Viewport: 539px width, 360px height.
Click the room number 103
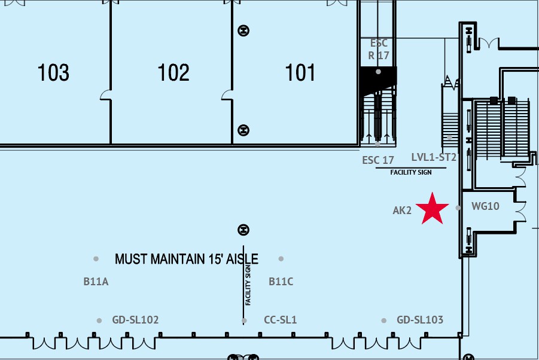[53, 72]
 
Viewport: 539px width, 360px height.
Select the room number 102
[173, 72]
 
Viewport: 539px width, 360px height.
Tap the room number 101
[300, 72]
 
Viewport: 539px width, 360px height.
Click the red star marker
[432, 209]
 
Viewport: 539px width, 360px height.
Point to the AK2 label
[402, 210]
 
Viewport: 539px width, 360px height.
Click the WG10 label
[485, 206]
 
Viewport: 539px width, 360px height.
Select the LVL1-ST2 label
[434, 157]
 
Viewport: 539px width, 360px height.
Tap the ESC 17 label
[378, 160]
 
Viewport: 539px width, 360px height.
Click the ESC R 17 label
[379, 49]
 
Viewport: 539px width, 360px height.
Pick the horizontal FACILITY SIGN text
[411, 172]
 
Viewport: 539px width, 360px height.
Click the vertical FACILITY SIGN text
[248, 285]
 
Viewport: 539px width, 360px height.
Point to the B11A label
[96, 282]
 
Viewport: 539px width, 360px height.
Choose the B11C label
[281, 282]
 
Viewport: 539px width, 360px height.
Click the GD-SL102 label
[135, 320]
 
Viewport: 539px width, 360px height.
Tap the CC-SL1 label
[280, 320]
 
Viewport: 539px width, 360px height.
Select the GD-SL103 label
[420, 320]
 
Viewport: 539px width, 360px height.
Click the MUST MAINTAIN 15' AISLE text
[186, 259]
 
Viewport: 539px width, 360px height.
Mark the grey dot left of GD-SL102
[99, 321]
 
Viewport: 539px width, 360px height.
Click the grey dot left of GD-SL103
[383, 321]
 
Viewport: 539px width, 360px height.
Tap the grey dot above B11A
[96, 259]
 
